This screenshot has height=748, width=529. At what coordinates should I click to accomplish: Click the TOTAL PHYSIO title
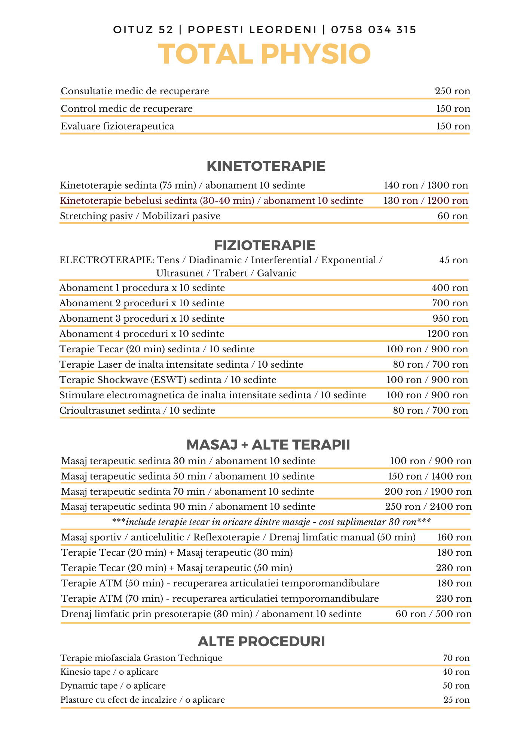pyautogui.click(x=264, y=55)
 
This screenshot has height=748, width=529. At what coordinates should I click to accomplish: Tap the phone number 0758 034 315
pyautogui.click(x=374, y=30)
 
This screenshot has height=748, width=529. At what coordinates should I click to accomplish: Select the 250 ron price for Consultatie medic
pyautogui.click(x=452, y=91)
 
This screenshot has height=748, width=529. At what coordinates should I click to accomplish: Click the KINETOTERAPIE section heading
pyautogui.click(x=266, y=166)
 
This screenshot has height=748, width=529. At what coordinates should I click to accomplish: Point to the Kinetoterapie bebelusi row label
pyautogui.click(x=211, y=201)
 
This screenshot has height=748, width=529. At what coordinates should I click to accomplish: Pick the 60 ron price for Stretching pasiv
pyautogui.click(x=453, y=216)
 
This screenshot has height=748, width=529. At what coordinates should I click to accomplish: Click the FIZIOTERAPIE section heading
pyautogui.click(x=265, y=246)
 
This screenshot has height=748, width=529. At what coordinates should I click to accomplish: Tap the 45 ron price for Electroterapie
pyautogui.click(x=453, y=260)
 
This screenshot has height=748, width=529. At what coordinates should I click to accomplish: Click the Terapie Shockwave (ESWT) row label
pyautogui.click(x=168, y=380)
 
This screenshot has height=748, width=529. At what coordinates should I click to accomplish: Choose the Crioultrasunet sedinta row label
pyautogui.click(x=137, y=411)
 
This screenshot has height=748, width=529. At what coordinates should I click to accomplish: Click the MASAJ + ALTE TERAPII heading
pyautogui.click(x=268, y=445)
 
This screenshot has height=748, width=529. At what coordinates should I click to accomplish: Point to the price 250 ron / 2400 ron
pyautogui.click(x=428, y=507)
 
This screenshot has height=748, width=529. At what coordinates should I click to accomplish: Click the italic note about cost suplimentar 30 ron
pyautogui.click(x=272, y=522)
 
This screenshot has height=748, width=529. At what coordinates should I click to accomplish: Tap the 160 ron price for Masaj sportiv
pyautogui.click(x=454, y=537)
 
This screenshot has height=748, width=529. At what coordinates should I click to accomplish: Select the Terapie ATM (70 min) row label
pyautogui.click(x=220, y=599)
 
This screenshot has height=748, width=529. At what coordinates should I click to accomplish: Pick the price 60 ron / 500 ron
pyautogui.click(x=434, y=614)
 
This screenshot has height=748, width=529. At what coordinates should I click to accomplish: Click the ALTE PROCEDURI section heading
pyautogui.click(x=261, y=642)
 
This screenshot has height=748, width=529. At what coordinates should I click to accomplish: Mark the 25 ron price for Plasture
pyautogui.click(x=456, y=700)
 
